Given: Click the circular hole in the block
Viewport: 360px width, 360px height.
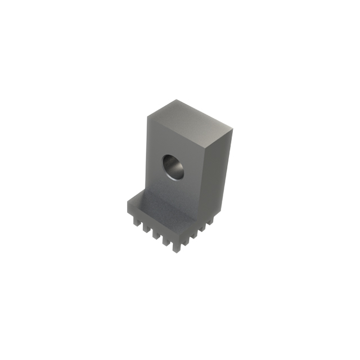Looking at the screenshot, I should coord(174,166).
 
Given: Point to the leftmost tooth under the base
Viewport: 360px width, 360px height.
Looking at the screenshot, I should coord(137,222).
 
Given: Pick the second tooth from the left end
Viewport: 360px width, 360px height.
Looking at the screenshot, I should coord(146,228).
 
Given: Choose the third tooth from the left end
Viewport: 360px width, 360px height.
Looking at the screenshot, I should coord(156,235).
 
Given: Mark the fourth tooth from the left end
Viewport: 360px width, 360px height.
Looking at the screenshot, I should coord(166,241).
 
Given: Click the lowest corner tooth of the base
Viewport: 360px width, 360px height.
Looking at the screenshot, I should coord(177,247).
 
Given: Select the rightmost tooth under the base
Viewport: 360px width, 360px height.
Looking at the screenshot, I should coord(210,222).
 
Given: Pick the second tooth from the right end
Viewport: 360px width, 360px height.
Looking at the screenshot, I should coord(202,228).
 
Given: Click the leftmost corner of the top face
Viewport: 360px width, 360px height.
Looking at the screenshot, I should coord(147,116).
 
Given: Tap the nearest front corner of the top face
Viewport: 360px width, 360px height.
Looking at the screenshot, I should coord(205,147).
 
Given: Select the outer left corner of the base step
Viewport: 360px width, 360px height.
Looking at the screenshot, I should coord(128,201).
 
